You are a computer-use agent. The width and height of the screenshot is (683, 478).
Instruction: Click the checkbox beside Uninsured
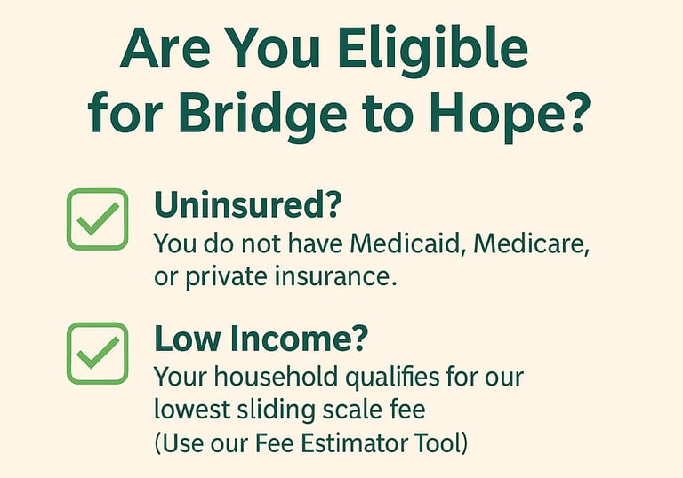pyautogui.click(x=97, y=219)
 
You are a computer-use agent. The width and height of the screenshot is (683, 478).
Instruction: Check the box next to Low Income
pyautogui.click(x=97, y=354)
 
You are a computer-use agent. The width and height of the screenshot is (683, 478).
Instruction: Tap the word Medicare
pyautogui.click(x=531, y=243)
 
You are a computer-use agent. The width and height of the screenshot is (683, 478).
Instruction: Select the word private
pyautogui.click(x=226, y=277)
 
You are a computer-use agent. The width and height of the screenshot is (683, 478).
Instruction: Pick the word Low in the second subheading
pyautogui.click(x=187, y=339)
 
